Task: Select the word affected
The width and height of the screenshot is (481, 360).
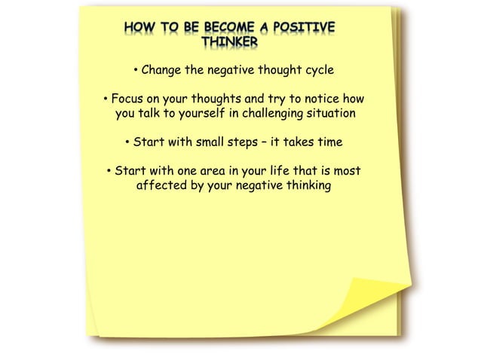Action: pos(161,185)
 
